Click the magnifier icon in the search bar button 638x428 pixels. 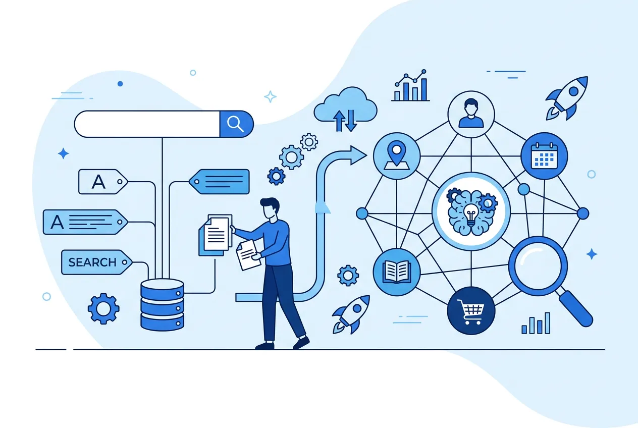click(235, 124)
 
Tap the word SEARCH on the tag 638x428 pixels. click(92, 262)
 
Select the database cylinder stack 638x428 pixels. click(163, 305)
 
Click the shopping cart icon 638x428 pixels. click(470, 311)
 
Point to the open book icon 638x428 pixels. click(397, 272)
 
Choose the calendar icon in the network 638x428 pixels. click(544, 156)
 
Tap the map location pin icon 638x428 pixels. click(396, 156)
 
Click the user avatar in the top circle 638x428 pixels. click(471, 114)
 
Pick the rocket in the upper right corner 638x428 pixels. click(567, 98)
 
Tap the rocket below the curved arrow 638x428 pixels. click(351, 314)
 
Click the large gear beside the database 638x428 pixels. click(103, 309)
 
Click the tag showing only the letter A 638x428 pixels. click(103, 182)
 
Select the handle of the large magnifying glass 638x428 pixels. click(575, 308)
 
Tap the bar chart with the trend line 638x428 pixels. click(410, 85)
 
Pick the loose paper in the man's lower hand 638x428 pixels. click(248, 255)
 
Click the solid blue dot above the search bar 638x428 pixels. click(120, 84)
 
